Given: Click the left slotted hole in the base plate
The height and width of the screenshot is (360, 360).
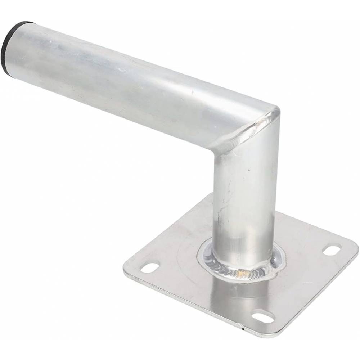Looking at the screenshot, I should click(149, 267).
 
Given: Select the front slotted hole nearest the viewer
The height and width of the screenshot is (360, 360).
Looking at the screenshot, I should click(263, 317).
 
